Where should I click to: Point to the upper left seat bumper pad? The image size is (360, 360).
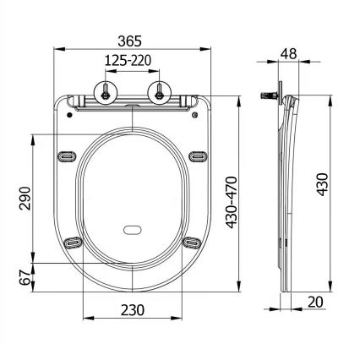[68, 155]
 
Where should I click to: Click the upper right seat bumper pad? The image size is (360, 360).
[200, 155]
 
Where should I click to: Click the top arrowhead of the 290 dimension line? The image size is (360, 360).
[32, 134]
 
